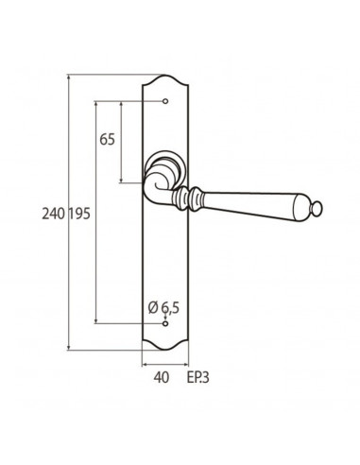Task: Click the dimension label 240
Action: (x=54, y=214)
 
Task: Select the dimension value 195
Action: (x=79, y=214)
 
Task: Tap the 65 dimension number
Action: (x=108, y=139)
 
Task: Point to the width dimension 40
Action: (x=162, y=377)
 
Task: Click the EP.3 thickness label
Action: (x=198, y=377)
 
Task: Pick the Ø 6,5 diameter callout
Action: (x=163, y=307)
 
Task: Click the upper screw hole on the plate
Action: (x=165, y=101)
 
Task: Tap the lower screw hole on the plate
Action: (x=165, y=323)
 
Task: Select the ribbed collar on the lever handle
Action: (x=187, y=198)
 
